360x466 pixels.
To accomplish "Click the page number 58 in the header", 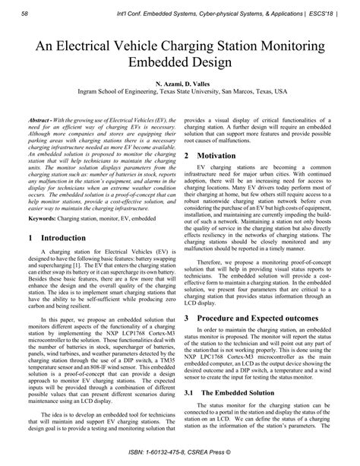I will point(25,14).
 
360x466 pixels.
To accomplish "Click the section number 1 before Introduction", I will point(30,238).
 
